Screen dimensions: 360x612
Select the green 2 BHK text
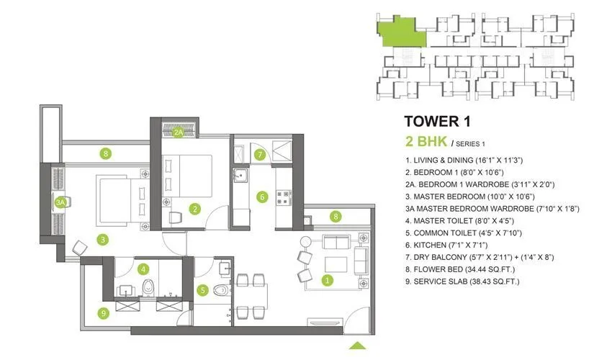[x=426, y=140]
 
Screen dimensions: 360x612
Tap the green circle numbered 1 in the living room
[x=328, y=280]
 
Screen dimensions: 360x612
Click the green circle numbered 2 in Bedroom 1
[x=194, y=210]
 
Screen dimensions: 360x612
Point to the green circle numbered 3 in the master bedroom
[x=104, y=239]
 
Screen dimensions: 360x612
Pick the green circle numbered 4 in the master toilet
[x=144, y=269]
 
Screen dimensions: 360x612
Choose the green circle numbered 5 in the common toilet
[x=203, y=291]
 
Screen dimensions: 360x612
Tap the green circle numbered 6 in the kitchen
[x=263, y=196]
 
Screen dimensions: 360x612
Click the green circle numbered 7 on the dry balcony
[x=261, y=154]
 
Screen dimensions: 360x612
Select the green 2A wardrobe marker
[x=178, y=132]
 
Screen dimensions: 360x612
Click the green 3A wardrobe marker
[x=60, y=203]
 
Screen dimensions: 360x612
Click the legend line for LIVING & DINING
[x=467, y=160]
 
